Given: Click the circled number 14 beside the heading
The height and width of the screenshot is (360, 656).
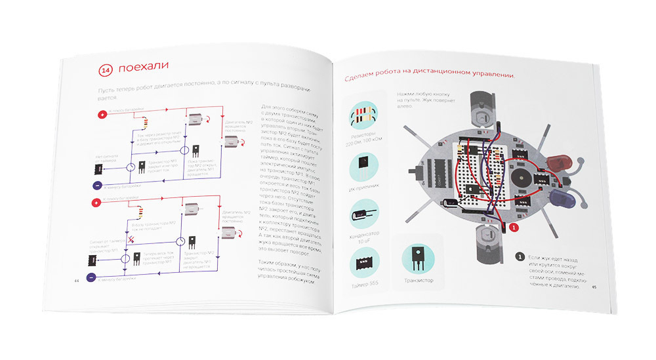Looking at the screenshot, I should coord(105,69).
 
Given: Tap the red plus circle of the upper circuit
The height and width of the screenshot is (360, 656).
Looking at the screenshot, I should coord(102,115).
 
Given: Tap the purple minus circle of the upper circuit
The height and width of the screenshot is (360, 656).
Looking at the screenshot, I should coord(96,186).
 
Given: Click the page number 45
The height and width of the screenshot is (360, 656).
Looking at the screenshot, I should coord(594,287).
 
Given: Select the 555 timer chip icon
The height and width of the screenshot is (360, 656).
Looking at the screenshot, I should coord(361,264).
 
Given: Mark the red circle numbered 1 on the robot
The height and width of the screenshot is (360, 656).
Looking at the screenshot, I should coord(514,226).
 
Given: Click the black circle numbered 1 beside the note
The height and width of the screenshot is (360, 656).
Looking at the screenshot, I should coord(520,256).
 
